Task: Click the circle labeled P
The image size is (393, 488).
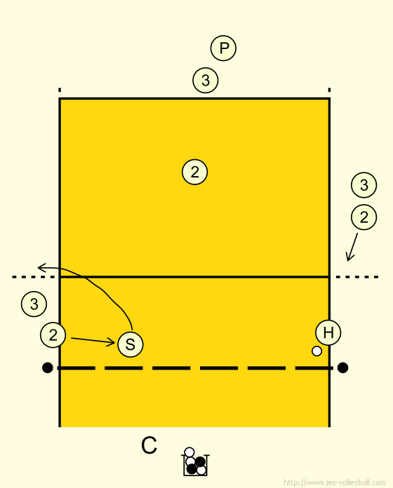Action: [223, 48]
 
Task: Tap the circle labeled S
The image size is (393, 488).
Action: [131, 344]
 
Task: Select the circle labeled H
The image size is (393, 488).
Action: [328, 332]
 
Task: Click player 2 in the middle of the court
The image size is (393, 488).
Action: [194, 172]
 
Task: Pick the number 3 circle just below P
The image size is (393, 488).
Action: [206, 81]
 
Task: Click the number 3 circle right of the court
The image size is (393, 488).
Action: [364, 185]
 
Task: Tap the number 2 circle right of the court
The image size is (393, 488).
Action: [364, 217]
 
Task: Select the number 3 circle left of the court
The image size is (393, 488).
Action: [34, 304]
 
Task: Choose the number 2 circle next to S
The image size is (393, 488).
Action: [53, 335]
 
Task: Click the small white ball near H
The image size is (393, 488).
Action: [317, 351]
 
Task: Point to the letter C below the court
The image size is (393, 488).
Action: [149, 445]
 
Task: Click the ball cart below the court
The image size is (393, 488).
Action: [195, 462]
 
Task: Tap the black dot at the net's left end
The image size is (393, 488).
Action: [47, 367]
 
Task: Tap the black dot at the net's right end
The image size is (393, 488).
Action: [342, 367]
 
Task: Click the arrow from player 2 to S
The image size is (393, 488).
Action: [93, 340]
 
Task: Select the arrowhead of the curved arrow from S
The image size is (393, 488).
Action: [41, 267]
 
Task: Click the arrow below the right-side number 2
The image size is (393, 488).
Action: [352, 247]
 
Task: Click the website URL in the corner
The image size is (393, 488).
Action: [335, 482]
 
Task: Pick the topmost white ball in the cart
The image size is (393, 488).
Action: [189, 452]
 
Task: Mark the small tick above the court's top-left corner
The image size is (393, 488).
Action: [60, 90]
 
